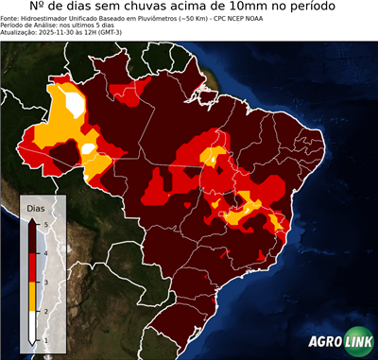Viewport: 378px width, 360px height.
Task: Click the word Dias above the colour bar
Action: click(36, 206)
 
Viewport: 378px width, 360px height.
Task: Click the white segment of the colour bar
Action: click(32, 327)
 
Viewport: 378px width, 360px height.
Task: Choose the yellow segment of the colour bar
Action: click(32, 297)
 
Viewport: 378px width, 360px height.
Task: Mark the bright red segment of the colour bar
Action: click(32, 267)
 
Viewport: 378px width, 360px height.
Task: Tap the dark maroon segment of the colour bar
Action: click(32, 237)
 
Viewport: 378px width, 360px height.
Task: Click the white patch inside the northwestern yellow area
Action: click(88, 147)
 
